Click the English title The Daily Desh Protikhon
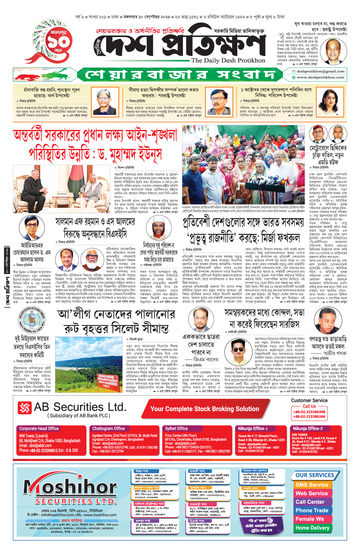(x=228, y=61)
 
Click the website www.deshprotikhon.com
(x=320, y=77)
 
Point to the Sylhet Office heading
(x=176, y=428)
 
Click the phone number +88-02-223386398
(x=309, y=412)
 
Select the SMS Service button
(x=312, y=485)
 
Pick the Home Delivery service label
(x=312, y=528)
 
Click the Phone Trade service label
(x=312, y=510)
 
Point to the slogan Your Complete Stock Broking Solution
(x=205, y=409)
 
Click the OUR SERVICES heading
(x=315, y=475)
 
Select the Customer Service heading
(x=309, y=401)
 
